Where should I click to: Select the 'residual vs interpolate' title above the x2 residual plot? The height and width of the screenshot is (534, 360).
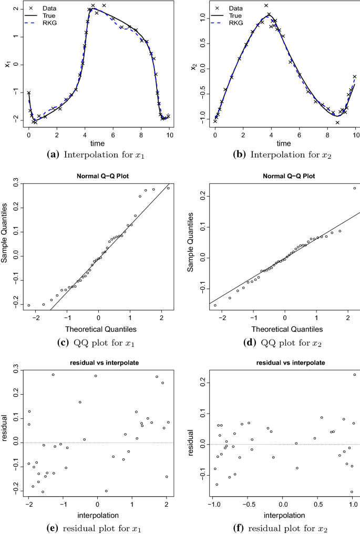tap(283, 363)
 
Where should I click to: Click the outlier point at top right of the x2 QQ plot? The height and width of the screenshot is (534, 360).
tap(354, 188)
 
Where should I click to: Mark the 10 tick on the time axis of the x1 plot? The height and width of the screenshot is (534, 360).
tap(169, 135)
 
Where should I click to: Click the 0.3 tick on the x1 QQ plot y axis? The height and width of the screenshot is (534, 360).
tap(16, 185)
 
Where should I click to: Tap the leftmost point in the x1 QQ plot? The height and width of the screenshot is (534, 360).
tap(29, 305)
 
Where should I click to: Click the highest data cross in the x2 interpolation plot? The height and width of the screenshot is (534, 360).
tap(266, 6)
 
